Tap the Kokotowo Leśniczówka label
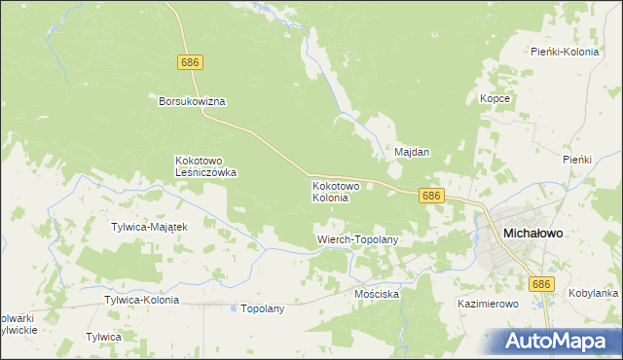[x=205, y=166]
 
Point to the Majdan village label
[x=412, y=153]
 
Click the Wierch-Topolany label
[x=358, y=238]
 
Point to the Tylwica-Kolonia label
[x=141, y=301]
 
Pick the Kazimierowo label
[x=488, y=304]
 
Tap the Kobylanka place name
[x=594, y=293]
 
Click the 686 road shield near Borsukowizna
[x=191, y=62]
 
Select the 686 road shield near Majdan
[x=433, y=196]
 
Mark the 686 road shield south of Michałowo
[x=542, y=283]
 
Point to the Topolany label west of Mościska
[x=262, y=308]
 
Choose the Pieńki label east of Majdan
[x=577, y=159]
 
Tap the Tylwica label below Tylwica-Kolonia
[x=103, y=337]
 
